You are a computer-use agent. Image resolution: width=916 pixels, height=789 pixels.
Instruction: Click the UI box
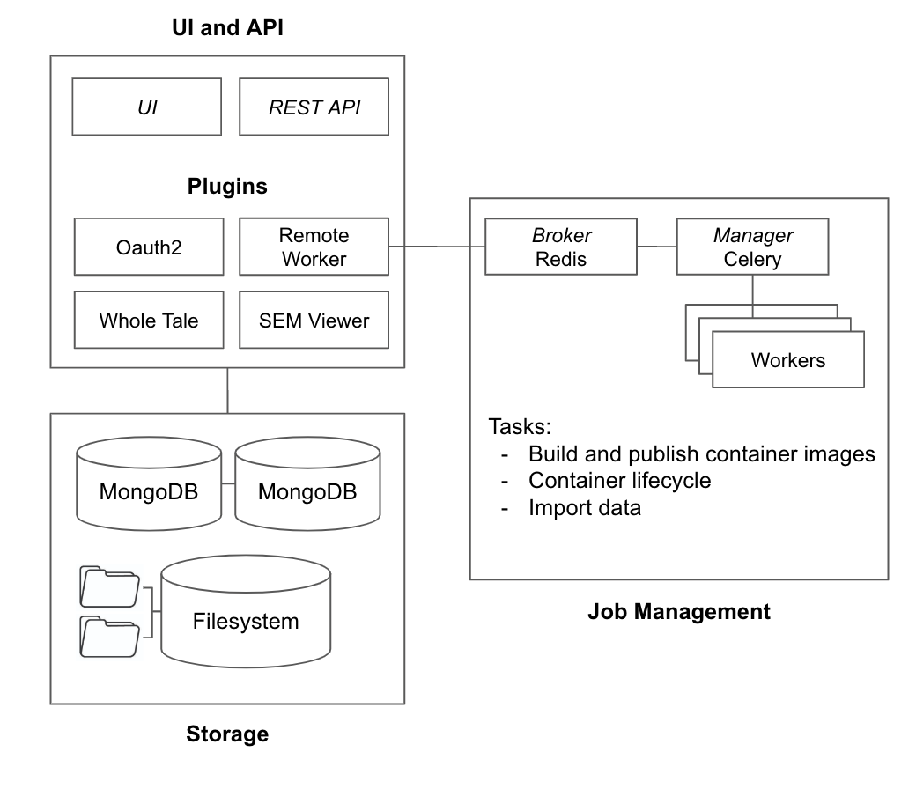(147, 107)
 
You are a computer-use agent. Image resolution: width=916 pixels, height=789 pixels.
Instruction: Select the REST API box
(314, 107)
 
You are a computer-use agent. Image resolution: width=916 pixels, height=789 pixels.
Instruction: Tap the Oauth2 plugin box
(149, 247)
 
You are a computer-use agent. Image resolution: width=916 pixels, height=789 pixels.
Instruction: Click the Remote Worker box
(314, 247)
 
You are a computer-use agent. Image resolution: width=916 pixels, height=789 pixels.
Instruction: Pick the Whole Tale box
(149, 320)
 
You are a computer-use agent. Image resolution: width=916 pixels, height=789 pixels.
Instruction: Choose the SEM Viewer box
(314, 320)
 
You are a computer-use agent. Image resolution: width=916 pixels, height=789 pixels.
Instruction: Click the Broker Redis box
(561, 247)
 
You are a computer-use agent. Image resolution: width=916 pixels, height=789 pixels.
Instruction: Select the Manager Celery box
(752, 247)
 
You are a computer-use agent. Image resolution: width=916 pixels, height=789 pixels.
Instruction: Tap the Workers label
(787, 359)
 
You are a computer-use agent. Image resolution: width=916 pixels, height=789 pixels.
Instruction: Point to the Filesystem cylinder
(246, 621)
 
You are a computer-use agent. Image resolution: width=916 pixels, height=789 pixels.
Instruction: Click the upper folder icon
(109, 586)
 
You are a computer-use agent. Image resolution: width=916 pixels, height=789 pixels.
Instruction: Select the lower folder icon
(109, 636)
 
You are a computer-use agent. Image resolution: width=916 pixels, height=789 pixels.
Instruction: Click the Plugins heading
(227, 187)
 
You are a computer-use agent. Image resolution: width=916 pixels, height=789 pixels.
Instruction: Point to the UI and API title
(227, 28)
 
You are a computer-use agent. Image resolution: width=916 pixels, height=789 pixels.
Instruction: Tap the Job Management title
(678, 611)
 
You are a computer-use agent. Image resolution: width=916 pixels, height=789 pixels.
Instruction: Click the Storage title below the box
(227, 734)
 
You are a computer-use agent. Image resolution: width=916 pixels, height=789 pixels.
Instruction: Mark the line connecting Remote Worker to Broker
(437, 247)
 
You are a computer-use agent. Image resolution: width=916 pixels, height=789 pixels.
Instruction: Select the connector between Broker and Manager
(656, 247)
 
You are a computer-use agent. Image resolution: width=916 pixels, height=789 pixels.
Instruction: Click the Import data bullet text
(584, 507)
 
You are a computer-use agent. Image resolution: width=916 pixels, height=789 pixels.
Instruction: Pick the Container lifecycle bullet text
(619, 481)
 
